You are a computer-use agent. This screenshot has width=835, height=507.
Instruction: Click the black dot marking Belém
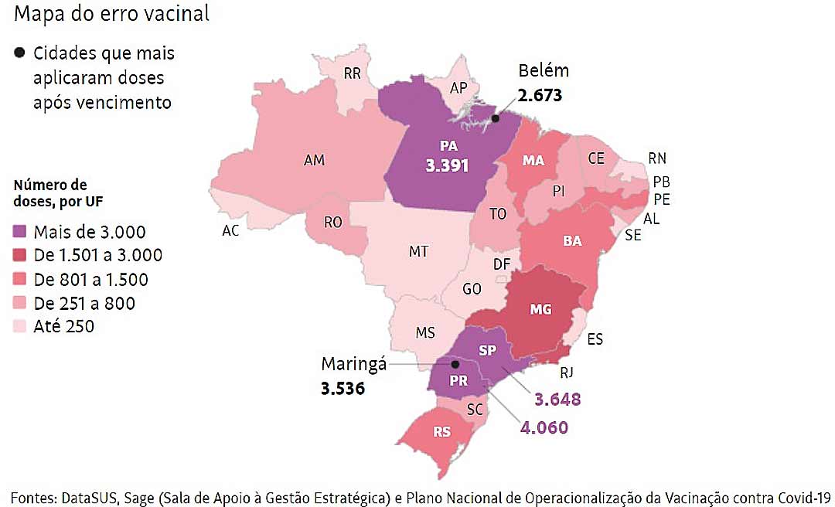point(496,118)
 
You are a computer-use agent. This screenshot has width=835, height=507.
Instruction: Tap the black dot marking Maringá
point(455,363)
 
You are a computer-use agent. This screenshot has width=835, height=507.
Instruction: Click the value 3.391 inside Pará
point(448,165)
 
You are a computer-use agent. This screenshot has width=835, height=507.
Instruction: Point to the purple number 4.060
point(544,427)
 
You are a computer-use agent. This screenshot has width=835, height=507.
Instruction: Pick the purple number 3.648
point(557,400)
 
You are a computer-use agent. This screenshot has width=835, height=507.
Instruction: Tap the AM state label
point(314,161)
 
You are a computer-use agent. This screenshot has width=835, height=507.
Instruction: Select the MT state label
point(418,252)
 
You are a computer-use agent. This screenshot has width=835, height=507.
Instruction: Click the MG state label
point(540,310)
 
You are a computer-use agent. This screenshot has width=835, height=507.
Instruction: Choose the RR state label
point(353,73)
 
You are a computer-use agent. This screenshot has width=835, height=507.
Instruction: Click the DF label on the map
point(502,265)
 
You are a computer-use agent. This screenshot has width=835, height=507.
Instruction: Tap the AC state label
point(230,231)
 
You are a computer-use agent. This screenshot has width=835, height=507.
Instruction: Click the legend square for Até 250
point(21,326)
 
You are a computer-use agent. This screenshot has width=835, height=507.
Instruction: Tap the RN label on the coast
point(657,159)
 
